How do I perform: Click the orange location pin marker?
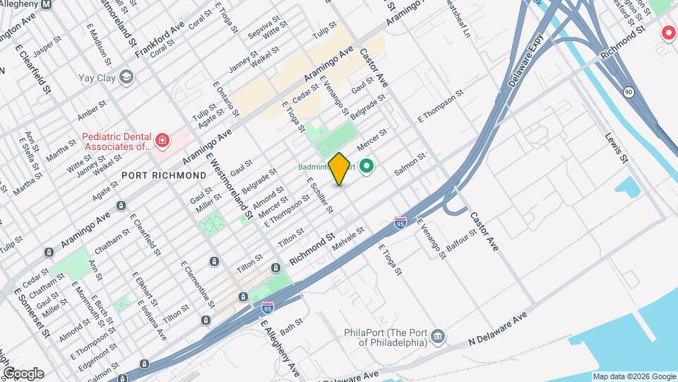[x=340, y=168]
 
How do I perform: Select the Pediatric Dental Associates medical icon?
[x=163, y=141]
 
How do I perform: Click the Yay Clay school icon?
[x=127, y=76]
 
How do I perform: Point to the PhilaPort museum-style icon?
[x=438, y=334]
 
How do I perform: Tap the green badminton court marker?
[x=367, y=167]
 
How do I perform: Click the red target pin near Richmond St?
[x=667, y=33]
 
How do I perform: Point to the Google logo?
[x=23, y=373]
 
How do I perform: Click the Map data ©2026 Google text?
[x=633, y=376]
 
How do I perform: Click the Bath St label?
[x=291, y=327]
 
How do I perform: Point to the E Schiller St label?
[x=319, y=195]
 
